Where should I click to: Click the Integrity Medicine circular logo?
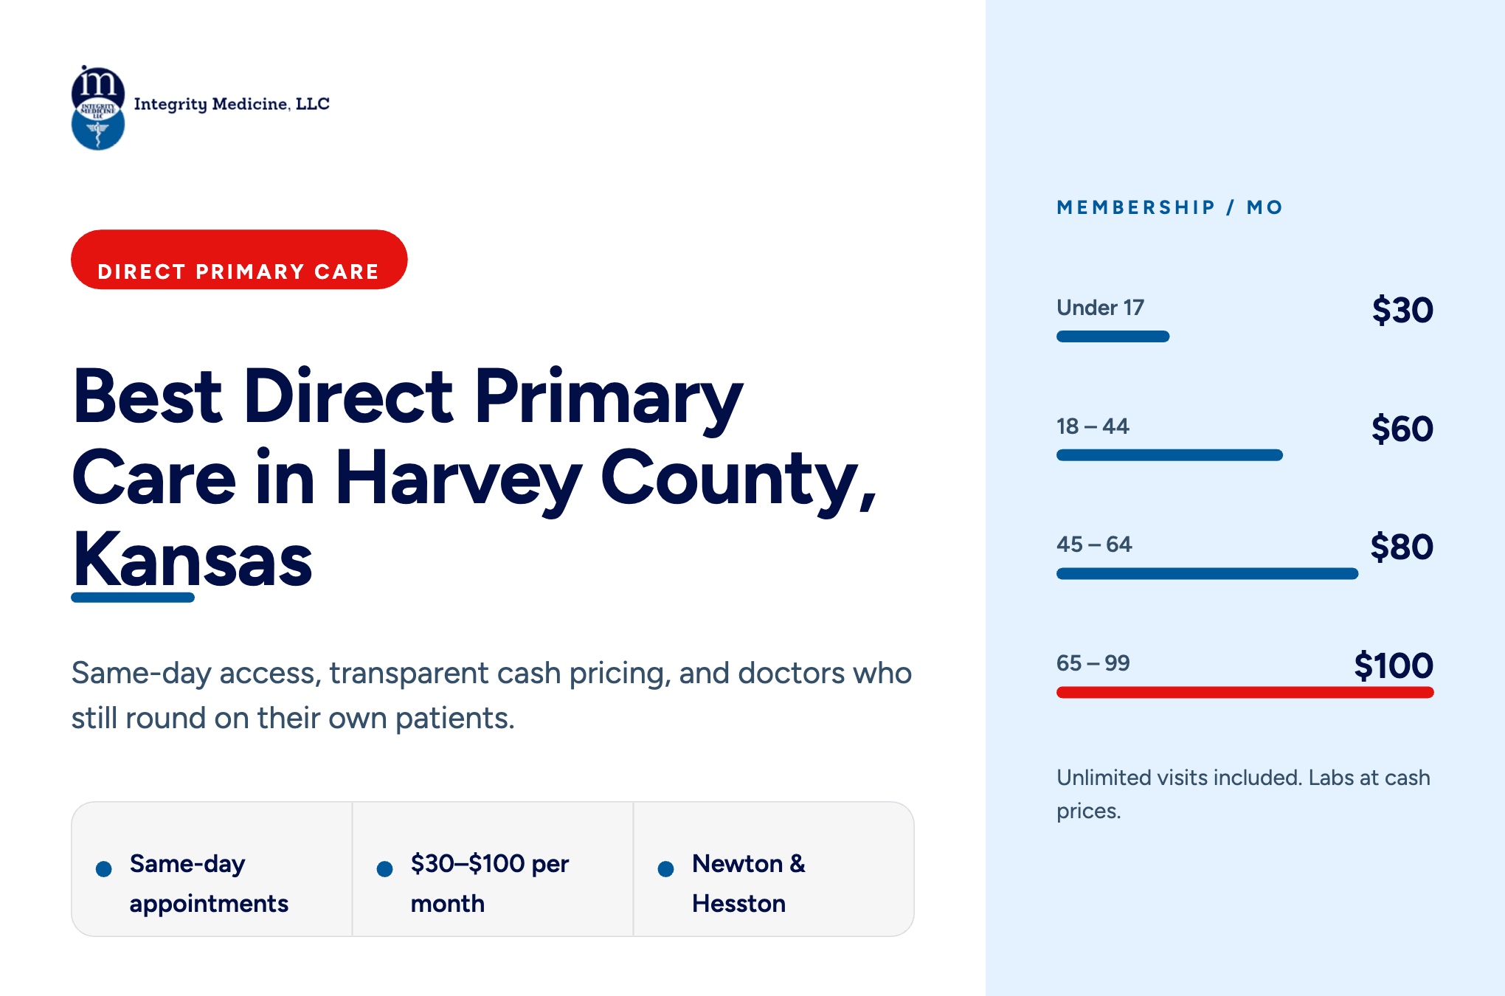coord(98,108)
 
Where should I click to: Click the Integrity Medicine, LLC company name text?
coord(232,104)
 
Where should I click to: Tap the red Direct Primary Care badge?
coord(239,260)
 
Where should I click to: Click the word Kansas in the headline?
coord(193,559)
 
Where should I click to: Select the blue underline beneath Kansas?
coord(133,598)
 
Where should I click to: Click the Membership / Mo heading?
coord(1170,207)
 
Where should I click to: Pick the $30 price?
coord(1402,310)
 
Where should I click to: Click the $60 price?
coord(1402,429)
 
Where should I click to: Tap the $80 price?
coord(1402,547)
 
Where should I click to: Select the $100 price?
coord(1394,665)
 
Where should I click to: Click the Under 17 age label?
coord(1100,308)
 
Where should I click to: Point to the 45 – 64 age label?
coord(1094,544)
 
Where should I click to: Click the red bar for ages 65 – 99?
coord(1245,692)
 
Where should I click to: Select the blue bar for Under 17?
coord(1113,336)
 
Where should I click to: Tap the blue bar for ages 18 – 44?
coord(1170,455)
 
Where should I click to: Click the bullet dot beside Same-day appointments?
coord(104,869)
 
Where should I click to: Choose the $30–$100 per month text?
coord(490,883)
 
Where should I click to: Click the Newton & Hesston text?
coord(749,883)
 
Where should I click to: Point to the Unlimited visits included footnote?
coord(1243,794)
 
